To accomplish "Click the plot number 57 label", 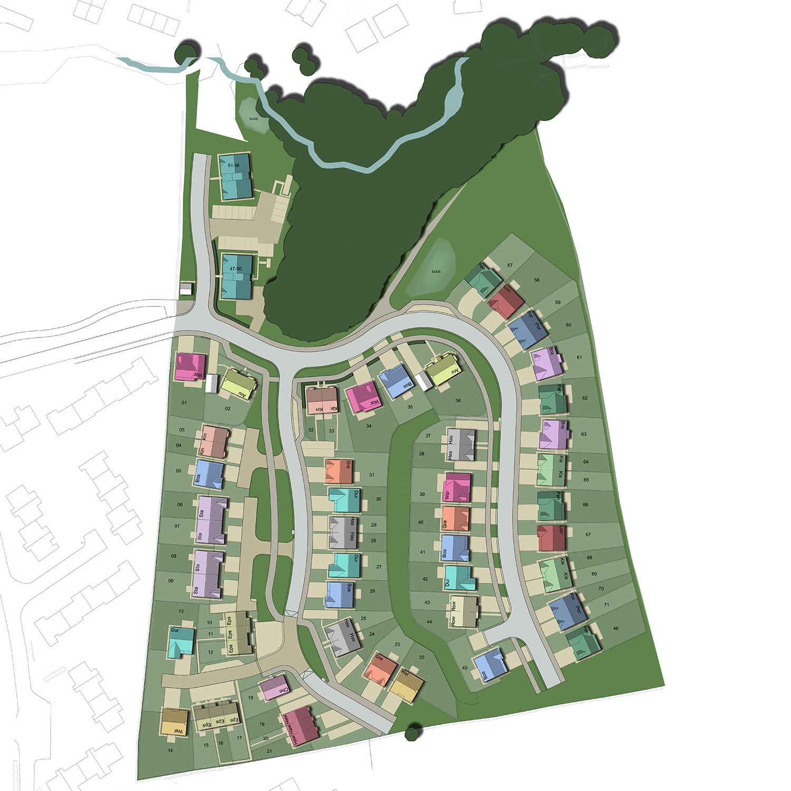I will pyautogui.click(x=509, y=265).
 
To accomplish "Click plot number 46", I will pyautogui.click(x=615, y=629).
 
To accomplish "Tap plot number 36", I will pyautogui.click(x=458, y=401).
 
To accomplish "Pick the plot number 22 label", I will pyautogui.click(x=421, y=657).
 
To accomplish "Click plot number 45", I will pyautogui.click(x=465, y=668).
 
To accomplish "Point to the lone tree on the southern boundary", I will pyautogui.click(x=413, y=733).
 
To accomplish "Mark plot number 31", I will pyautogui.click(x=371, y=475).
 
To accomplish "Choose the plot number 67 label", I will pyautogui.click(x=573, y=534).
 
